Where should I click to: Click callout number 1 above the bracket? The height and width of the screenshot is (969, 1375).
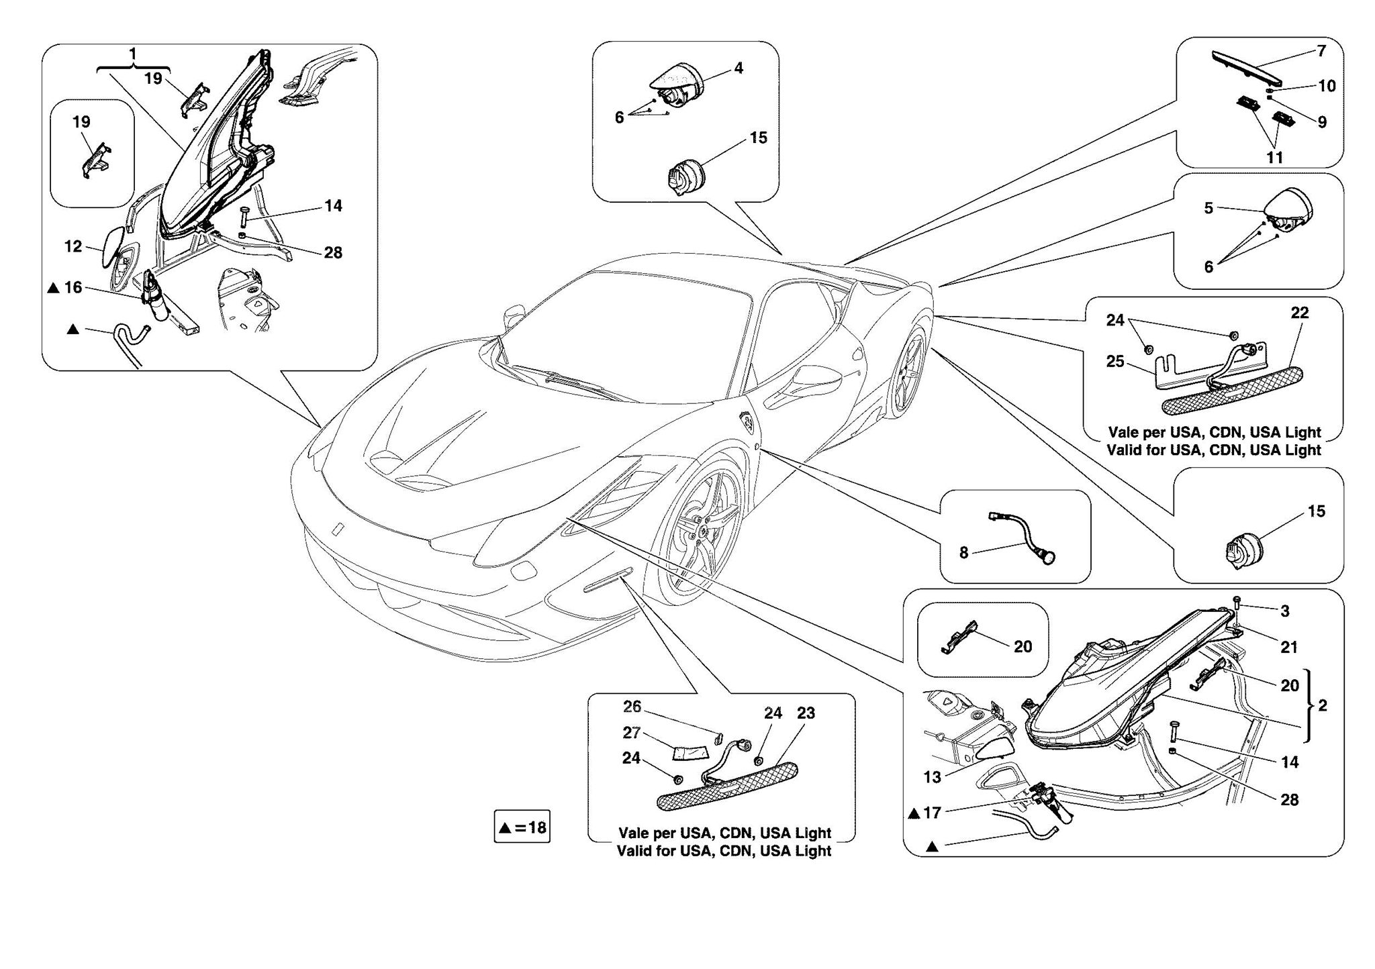133,54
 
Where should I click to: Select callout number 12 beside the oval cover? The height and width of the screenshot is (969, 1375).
73,247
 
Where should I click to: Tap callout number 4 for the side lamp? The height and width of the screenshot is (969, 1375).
739,68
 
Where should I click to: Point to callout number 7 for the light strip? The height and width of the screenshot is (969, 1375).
1321,51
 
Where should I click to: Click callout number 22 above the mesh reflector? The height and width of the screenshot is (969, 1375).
1300,313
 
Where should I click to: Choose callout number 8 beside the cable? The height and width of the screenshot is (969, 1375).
963,553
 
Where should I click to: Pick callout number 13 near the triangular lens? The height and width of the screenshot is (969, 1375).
932,777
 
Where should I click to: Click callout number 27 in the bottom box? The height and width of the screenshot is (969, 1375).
631,733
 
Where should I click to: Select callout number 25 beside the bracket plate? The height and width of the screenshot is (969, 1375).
1115,362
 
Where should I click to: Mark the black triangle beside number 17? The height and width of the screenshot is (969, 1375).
914,814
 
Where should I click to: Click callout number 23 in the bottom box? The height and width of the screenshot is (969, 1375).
806,713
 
